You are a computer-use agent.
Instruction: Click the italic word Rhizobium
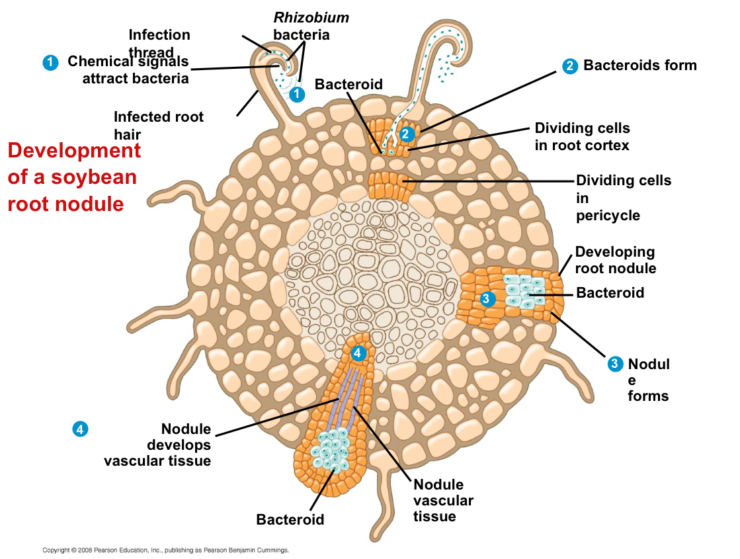coord(311,18)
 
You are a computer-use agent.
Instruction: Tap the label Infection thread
coord(159,44)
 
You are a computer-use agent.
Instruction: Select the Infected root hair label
coord(159,126)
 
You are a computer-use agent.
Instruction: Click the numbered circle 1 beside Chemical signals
coord(50,62)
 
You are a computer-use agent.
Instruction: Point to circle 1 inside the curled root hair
coord(298,95)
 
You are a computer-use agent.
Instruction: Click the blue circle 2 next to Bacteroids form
coord(569,65)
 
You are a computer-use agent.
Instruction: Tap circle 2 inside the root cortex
coord(406,134)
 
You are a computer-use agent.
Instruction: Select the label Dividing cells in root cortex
coord(582,136)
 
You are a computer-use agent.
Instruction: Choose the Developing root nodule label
coord(615,260)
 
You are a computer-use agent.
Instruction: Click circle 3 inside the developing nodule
coord(486,298)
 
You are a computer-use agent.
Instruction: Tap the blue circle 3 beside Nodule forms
coord(615,363)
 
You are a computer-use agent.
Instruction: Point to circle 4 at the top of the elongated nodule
coord(358,353)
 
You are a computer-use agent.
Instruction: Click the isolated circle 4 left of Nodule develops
coord(79,429)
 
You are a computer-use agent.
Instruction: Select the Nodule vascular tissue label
coord(443,501)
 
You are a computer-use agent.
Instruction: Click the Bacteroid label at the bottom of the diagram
coord(290,519)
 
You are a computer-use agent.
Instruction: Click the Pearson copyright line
coord(165,550)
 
